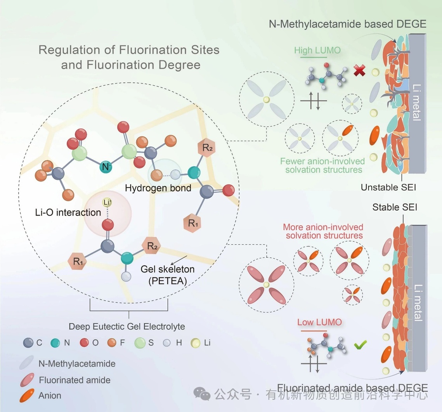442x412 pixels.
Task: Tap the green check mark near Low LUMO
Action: tap(361, 344)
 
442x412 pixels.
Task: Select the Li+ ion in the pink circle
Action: tap(107, 202)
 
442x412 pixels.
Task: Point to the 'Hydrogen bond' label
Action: tap(158, 188)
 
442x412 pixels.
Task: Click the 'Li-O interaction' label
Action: tap(68, 212)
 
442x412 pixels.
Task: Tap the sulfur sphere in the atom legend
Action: tap(140, 343)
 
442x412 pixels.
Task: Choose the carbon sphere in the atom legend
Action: tap(28, 343)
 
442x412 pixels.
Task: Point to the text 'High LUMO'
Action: tap(312, 50)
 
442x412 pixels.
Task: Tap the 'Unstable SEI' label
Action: tap(388, 188)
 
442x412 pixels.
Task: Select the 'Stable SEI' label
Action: tap(395, 207)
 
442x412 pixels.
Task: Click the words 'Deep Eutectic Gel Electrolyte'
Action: tap(127, 327)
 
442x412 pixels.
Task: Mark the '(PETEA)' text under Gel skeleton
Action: tap(167, 282)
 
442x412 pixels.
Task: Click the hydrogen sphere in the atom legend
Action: tap(167, 343)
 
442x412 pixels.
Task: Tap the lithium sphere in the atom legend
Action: tap(196, 343)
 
